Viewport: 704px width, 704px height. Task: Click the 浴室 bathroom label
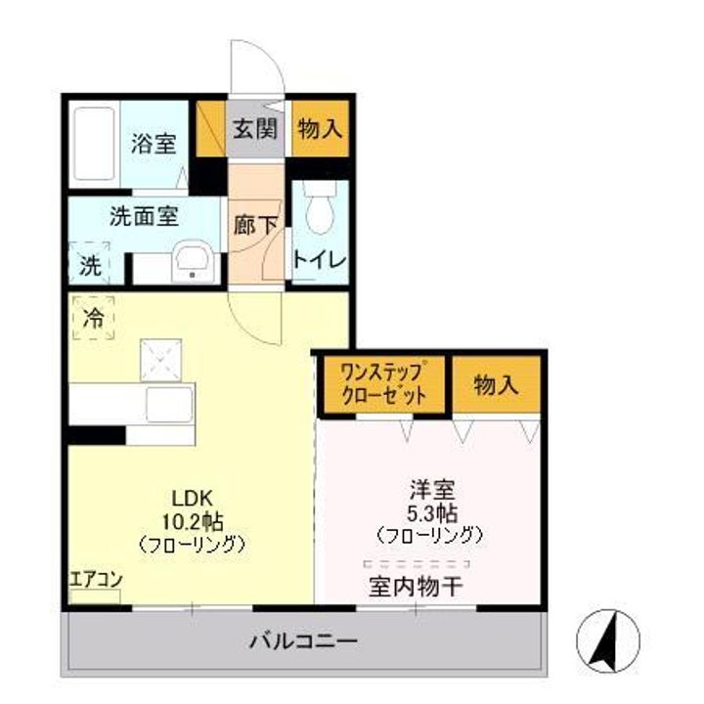pyautogui.click(x=154, y=144)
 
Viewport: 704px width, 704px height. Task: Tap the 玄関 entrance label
pyautogui.click(x=255, y=130)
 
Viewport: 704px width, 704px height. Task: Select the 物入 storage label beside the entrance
pyautogui.click(x=319, y=130)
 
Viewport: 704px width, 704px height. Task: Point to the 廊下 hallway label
pyautogui.click(x=255, y=224)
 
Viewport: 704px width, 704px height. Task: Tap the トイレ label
pyautogui.click(x=321, y=260)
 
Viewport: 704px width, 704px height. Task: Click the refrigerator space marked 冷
pyautogui.click(x=94, y=318)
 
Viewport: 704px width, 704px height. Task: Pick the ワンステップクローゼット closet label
pyautogui.click(x=384, y=385)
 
